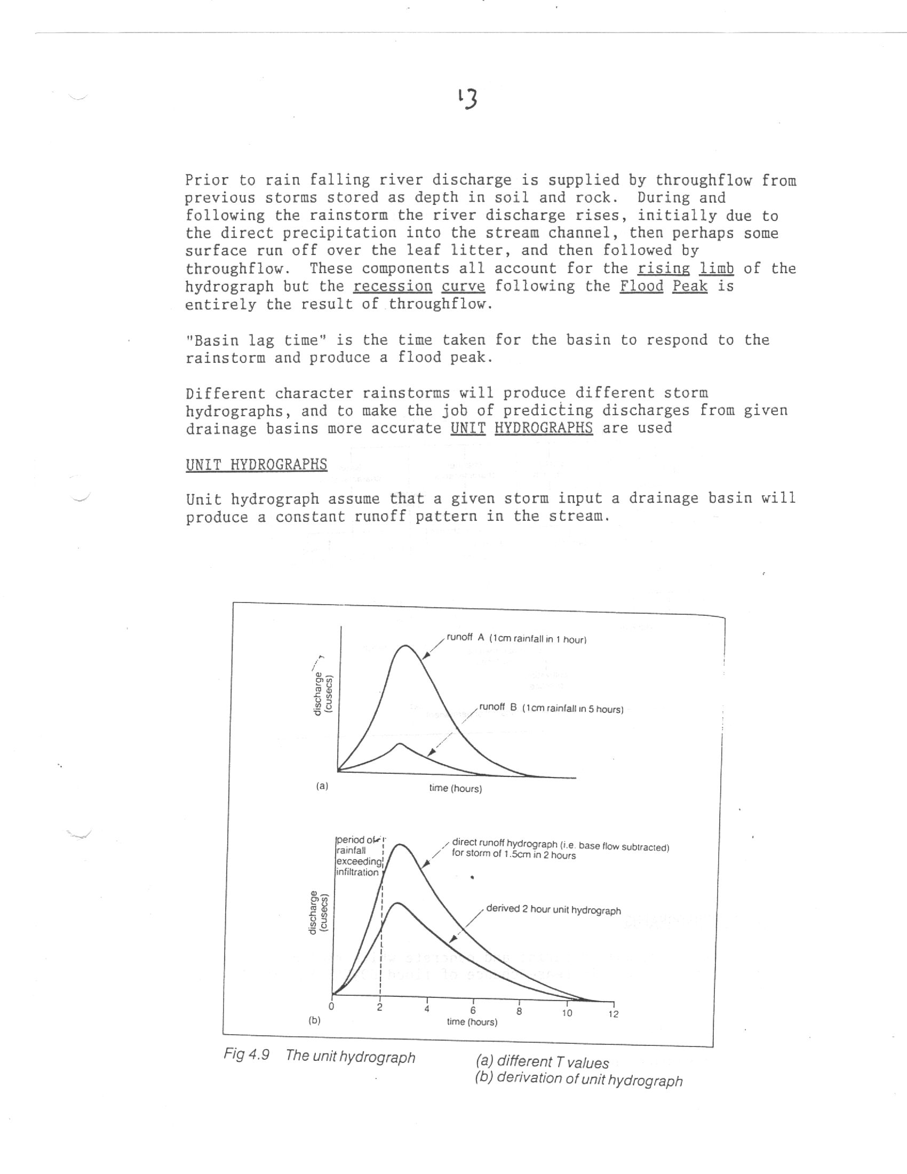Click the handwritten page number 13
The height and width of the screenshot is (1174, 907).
tap(468, 99)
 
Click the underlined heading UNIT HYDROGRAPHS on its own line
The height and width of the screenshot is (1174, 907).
tap(256, 464)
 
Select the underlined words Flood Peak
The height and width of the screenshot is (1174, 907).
tap(663, 286)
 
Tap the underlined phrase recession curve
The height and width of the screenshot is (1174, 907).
tap(419, 286)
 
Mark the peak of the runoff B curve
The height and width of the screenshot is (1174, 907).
tap(399, 744)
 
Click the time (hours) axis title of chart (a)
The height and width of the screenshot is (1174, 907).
tap(455, 789)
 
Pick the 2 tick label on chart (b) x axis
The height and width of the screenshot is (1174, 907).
tap(379, 1008)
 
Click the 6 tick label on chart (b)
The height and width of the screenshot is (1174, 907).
tap(473, 1011)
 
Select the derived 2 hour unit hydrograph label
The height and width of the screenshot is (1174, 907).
tap(553, 910)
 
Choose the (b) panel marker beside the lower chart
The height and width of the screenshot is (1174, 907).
tap(314, 1020)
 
